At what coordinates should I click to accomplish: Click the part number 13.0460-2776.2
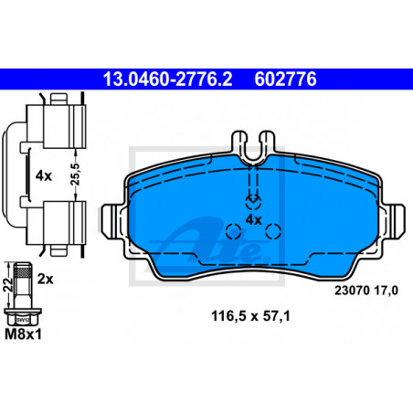[167, 79]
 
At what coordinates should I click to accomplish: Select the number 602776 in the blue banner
[285, 79]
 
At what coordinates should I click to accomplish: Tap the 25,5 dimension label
[75, 175]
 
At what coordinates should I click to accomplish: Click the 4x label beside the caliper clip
[44, 176]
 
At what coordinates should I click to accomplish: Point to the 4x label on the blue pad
[254, 219]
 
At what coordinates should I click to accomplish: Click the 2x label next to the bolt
[45, 279]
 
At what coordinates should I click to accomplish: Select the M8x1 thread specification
[23, 334]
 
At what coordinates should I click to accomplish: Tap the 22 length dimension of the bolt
[9, 285]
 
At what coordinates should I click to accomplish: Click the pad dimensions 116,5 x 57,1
[250, 316]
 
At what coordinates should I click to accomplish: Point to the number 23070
[352, 291]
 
